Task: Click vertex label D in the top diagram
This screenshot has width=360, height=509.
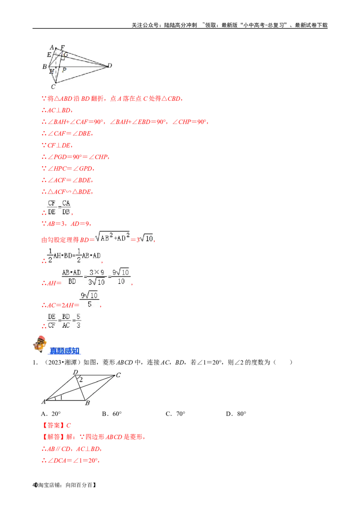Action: (110, 66)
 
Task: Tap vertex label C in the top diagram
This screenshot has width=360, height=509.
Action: (53, 86)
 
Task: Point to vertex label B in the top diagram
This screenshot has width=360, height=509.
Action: (44, 67)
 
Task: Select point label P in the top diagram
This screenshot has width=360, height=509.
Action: (64, 70)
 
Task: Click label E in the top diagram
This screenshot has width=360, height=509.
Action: (49, 55)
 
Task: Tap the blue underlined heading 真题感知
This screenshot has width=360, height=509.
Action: (65, 351)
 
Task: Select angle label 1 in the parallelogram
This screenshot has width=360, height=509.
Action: (61, 397)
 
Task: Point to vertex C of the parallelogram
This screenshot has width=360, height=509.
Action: (118, 375)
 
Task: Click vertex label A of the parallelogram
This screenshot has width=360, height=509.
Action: (44, 402)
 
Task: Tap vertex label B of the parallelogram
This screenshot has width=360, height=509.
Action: (87, 403)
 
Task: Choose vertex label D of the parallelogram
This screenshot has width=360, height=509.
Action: (76, 372)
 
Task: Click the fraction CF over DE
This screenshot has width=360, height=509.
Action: (52, 208)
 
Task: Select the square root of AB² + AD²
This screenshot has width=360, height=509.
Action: (112, 236)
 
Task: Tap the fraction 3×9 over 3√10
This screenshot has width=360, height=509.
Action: (96, 277)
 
